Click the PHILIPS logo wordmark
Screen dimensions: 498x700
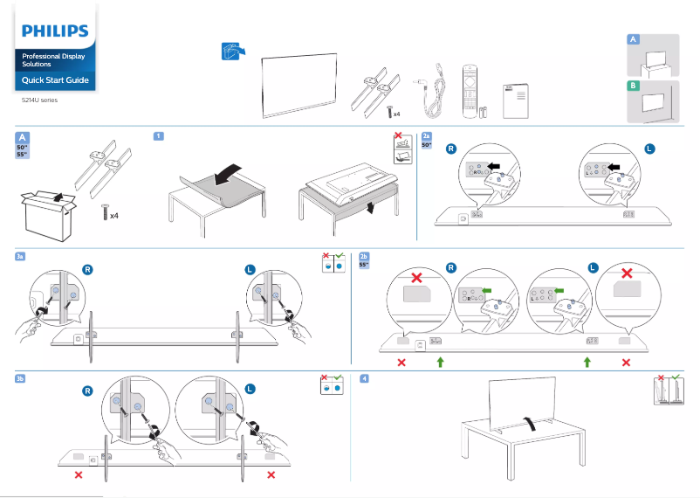click(x=55, y=31)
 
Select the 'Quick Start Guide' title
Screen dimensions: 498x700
click(x=55, y=80)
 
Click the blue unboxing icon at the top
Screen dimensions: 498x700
click(x=230, y=51)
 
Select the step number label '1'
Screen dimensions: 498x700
click(x=158, y=135)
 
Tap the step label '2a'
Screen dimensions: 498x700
click(x=426, y=136)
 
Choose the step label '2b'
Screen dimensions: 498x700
click(x=364, y=256)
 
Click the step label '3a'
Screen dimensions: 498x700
click(x=20, y=256)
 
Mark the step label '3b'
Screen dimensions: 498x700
click(x=20, y=378)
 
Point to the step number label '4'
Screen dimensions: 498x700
click(x=364, y=378)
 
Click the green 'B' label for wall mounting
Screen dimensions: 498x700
click(x=634, y=86)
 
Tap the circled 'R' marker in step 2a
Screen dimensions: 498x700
click(x=451, y=149)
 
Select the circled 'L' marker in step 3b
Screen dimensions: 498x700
click(x=250, y=389)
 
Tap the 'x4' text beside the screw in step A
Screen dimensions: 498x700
click(x=114, y=214)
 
